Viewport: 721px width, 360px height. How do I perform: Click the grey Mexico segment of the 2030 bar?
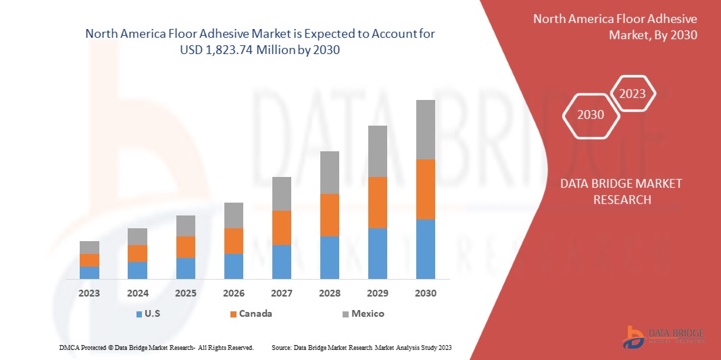pos(425,130)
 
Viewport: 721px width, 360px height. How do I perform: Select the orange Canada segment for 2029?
pos(377,203)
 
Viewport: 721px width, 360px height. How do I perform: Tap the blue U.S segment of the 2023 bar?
pos(89,272)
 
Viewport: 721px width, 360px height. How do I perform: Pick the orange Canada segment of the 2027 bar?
pos(282,228)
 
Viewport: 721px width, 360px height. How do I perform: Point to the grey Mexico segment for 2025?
pos(185,226)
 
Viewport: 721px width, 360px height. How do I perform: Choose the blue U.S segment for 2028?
pos(329,257)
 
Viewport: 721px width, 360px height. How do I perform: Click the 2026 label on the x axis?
pos(234,293)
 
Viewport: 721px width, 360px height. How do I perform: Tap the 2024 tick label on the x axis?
pos(137,293)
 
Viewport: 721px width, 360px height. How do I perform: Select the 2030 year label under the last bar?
pos(426,293)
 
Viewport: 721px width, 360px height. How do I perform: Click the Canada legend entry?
pos(252,313)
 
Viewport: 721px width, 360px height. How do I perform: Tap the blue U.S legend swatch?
pos(139,314)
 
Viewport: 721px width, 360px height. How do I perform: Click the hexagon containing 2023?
pos(632,94)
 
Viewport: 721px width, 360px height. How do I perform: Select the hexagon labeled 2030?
pos(591,115)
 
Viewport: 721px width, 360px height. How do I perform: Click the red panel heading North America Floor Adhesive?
pos(615,19)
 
